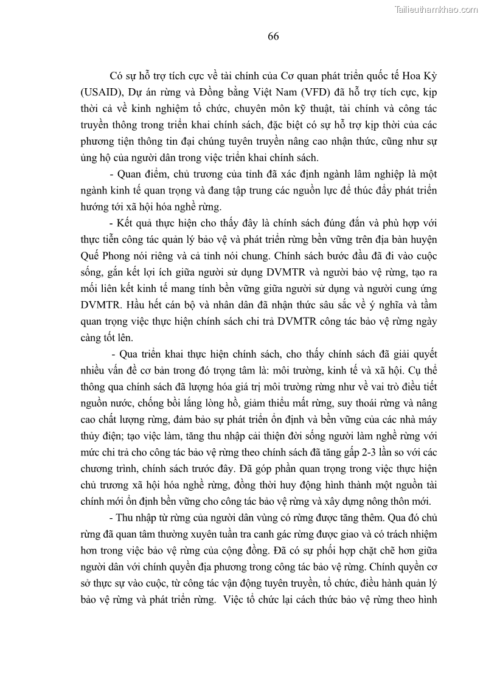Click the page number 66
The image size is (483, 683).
coord(273,36)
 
